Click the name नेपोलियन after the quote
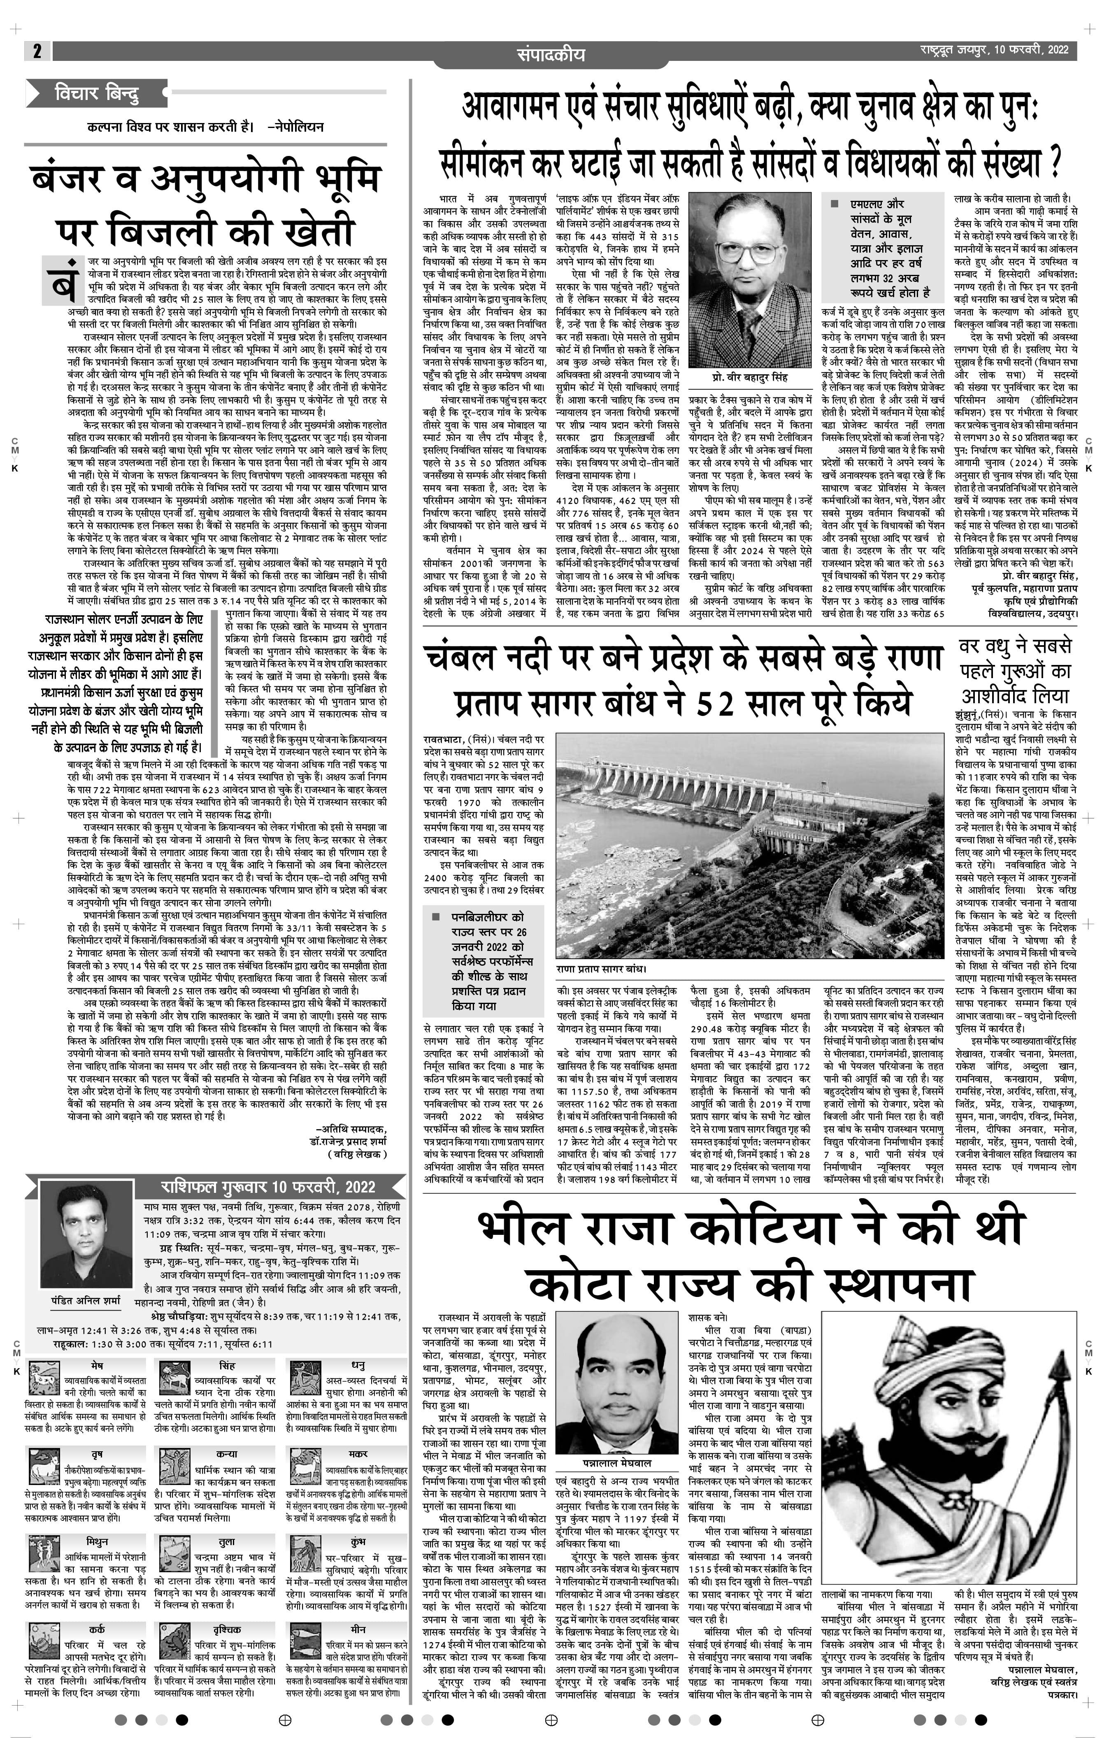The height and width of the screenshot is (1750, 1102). (x=297, y=126)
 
